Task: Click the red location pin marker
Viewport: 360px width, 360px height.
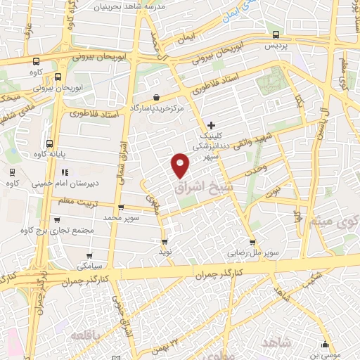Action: point(181,165)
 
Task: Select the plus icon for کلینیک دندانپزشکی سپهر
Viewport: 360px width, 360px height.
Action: point(211,124)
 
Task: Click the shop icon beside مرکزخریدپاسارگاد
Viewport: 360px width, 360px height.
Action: point(155,97)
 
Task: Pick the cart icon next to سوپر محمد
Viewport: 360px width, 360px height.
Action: point(121,207)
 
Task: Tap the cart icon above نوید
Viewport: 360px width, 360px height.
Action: point(165,241)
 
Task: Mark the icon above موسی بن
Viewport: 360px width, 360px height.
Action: point(324,345)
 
